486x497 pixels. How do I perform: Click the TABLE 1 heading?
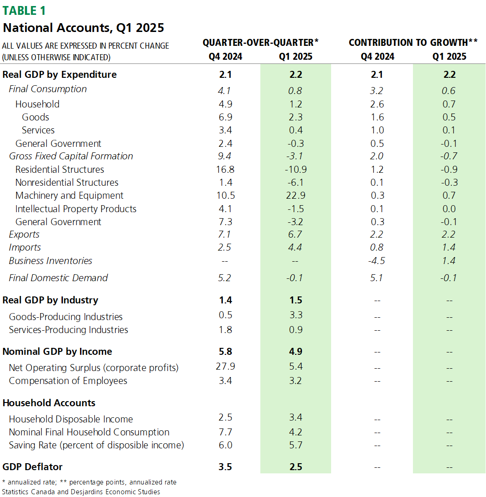tap(25, 10)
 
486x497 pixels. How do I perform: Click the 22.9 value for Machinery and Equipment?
tap(295, 195)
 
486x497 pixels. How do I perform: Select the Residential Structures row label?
tap(60, 170)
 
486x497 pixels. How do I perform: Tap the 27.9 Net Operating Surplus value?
tap(226, 367)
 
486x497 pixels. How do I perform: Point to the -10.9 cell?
tap(295, 170)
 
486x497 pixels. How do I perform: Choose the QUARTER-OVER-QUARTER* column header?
tap(261, 43)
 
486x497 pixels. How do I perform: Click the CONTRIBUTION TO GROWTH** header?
tap(413, 43)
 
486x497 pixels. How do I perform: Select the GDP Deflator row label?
tap(32, 466)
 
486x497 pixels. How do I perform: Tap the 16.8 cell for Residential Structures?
tap(226, 170)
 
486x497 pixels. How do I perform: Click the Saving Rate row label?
tap(96, 445)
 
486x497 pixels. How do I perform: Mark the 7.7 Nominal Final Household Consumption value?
tap(226, 432)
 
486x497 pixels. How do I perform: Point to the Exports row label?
tap(24, 234)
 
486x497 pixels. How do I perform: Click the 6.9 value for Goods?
tap(226, 117)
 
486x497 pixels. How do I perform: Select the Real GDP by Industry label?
tap(50, 300)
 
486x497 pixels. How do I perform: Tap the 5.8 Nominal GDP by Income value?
tap(226, 352)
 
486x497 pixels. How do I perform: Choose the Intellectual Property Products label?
tap(76, 209)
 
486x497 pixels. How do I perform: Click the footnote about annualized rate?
tap(89, 482)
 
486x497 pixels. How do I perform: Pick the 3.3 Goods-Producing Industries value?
tap(295, 315)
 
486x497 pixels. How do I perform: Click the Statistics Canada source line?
tap(81, 491)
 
